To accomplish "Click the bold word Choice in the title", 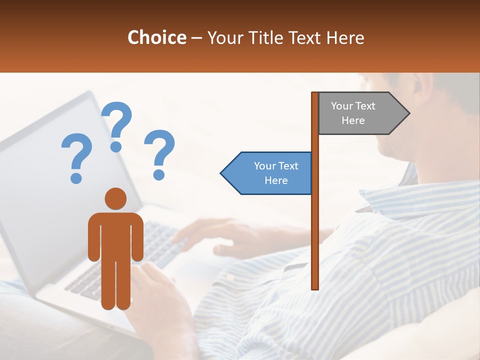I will click(x=156, y=37).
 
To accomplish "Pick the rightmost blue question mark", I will click(x=159, y=154).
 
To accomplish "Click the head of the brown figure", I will click(x=115, y=198).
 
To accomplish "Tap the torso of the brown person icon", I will click(x=115, y=235).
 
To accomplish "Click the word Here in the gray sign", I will click(x=353, y=120).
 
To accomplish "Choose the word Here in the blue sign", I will click(x=276, y=180).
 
